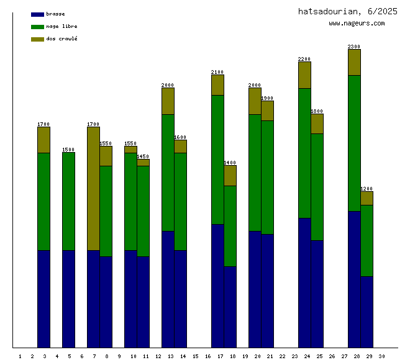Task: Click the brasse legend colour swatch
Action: pos(37,14)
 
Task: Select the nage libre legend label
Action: pos(61,27)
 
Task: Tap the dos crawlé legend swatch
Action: pos(37,39)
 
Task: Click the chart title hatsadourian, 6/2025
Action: pos(347,11)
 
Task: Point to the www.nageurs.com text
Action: pos(357,24)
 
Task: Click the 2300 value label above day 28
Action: pos(354,47)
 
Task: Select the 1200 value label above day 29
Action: pos(367,189)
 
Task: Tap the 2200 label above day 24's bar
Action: pos(304,60)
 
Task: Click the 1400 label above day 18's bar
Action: pos(230,163)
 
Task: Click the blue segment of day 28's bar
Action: pos(354,279)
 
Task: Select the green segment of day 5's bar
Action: pos(68,201)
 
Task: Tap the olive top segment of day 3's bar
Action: pos(43,140)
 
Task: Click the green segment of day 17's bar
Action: pos(217,160)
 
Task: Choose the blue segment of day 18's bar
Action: pos(230,307)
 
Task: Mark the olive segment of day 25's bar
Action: pos(317,124)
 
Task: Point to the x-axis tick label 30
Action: pos(381,356)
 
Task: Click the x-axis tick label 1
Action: pos(20,356)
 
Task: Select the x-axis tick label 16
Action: pos(207,356)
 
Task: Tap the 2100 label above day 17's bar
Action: pos(217,72)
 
